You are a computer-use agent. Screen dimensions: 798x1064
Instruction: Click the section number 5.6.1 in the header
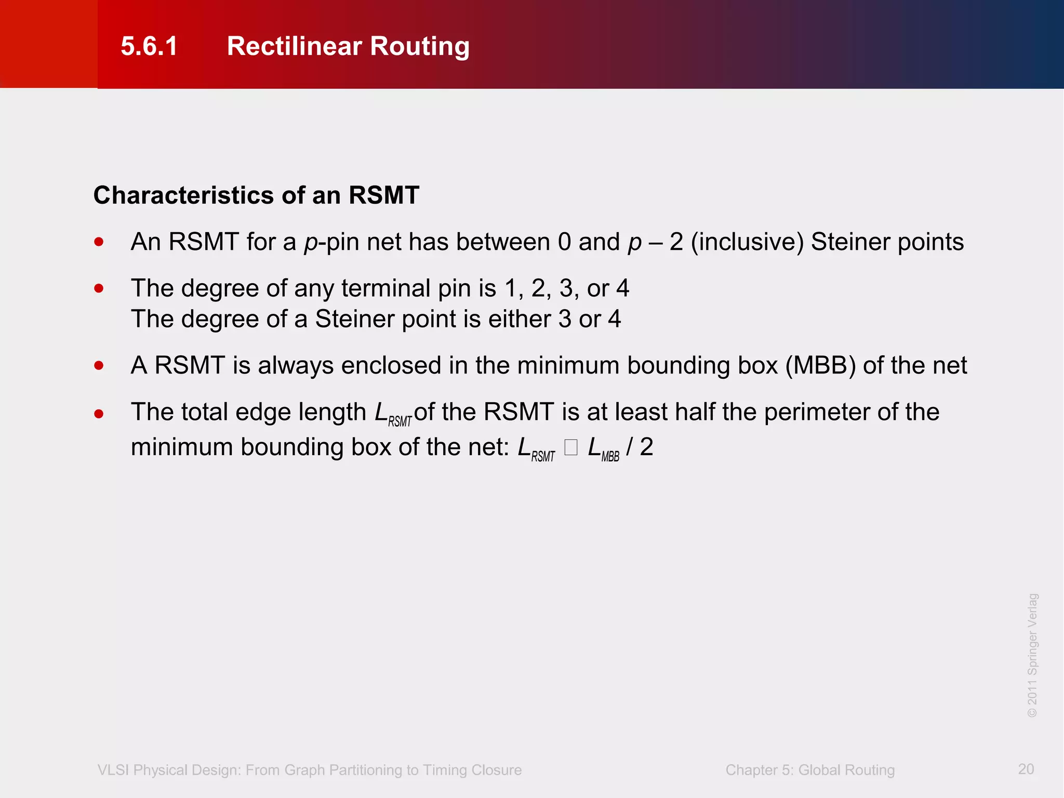tap(149, 46)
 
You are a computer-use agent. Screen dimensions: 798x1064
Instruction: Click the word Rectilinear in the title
tap(294, 46)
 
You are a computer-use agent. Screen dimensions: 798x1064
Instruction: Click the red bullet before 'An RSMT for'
tap(99, 242)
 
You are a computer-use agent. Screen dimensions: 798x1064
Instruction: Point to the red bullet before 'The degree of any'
tap(99, 288)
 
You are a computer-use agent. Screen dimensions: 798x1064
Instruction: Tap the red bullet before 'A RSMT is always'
tap(99, 365)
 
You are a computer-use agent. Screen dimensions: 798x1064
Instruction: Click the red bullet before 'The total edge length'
tap(99, 414)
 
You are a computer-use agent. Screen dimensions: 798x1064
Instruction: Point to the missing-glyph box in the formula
tap(571, 447)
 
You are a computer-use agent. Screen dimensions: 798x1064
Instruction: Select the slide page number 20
tap(1026, 769)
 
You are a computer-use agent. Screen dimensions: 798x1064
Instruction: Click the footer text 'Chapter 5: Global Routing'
tap(810, 770)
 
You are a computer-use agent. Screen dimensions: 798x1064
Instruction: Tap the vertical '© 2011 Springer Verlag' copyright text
tap(1032, 655)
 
